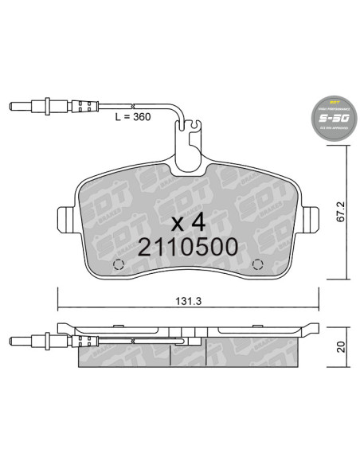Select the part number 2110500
click(188, 247)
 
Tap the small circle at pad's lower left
click(119, 265)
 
